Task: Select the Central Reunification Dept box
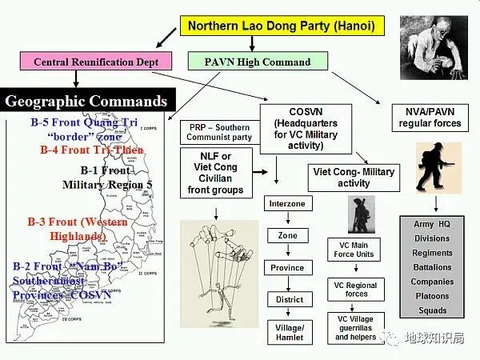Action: click(x=95, y=62)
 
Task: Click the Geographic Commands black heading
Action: click(x=86, y=102)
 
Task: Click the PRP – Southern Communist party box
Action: click(x=220, y=132)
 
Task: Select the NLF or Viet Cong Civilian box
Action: click(x=215, y=174)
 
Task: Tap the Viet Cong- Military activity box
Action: click(x=354, y=177)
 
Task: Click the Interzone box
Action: click(x=287, y=205)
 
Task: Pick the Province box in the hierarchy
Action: click(x=287, y=268)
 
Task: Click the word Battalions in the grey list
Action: click(x=431, y=267)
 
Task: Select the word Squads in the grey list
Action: click(x=432, y=310)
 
